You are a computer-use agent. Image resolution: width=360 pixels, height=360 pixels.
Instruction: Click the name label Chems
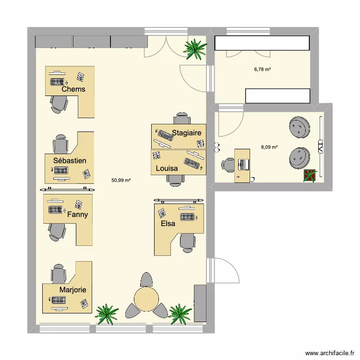[x=73, y=89]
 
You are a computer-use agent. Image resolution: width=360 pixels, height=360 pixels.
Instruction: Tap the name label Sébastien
[x=70, y=160]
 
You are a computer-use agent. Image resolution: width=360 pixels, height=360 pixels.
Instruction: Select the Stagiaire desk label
[x=186, y=132]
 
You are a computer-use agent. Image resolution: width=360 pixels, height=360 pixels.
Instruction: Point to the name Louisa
[x=167, y=168]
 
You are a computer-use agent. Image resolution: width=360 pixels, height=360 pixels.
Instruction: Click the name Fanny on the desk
[x=78, y=215]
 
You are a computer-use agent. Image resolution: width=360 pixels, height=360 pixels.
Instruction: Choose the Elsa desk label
[x=168, y=223]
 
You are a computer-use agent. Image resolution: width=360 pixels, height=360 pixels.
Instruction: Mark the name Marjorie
[x=73, y=290]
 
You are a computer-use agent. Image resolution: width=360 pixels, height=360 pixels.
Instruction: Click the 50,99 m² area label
[x=121, y=180]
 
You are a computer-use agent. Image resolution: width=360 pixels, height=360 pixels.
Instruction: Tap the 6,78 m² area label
[x=263, y=69]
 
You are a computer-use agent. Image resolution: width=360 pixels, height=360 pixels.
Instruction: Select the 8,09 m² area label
[x=269, y=147]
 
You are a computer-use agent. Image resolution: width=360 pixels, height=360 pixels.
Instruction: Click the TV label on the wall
[x=321, y=147]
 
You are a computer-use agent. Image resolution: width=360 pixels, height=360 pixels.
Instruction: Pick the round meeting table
[x=146, y=299]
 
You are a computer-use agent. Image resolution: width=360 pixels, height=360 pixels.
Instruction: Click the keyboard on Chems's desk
[x=58, y=82]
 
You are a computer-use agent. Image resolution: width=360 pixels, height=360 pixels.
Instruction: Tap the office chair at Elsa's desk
[x=188, y=243]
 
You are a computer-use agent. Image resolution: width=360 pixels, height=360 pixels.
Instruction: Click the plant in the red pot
[x=310, y=176]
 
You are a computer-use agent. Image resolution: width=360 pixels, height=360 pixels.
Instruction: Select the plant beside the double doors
[x=195, y=49]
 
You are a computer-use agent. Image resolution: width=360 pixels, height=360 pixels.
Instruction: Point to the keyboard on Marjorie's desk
[x=59, y=300]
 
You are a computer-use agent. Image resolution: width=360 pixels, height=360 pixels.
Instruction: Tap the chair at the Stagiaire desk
[x=182, y=119]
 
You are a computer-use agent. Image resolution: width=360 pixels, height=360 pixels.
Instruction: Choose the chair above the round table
[x=146, y=279]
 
